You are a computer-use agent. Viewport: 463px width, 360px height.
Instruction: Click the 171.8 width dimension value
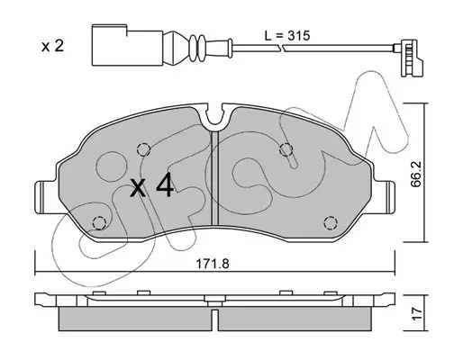click(x=213, y=264)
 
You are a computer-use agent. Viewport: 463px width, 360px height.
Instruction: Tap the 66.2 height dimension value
click(x=416, y=175)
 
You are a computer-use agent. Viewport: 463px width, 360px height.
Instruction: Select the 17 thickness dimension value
click(x=416, y=314)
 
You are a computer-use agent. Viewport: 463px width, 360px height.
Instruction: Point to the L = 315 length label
click(x=286, y=36)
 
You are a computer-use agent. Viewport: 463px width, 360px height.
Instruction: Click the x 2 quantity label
click(x=53, y=47)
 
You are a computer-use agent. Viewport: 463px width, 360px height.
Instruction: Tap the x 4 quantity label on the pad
click(x=151, y=186)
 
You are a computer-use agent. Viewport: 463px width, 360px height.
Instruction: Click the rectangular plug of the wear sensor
click(x=127, y=45)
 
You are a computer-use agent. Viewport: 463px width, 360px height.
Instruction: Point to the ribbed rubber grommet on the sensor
click(x=196, y=47)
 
